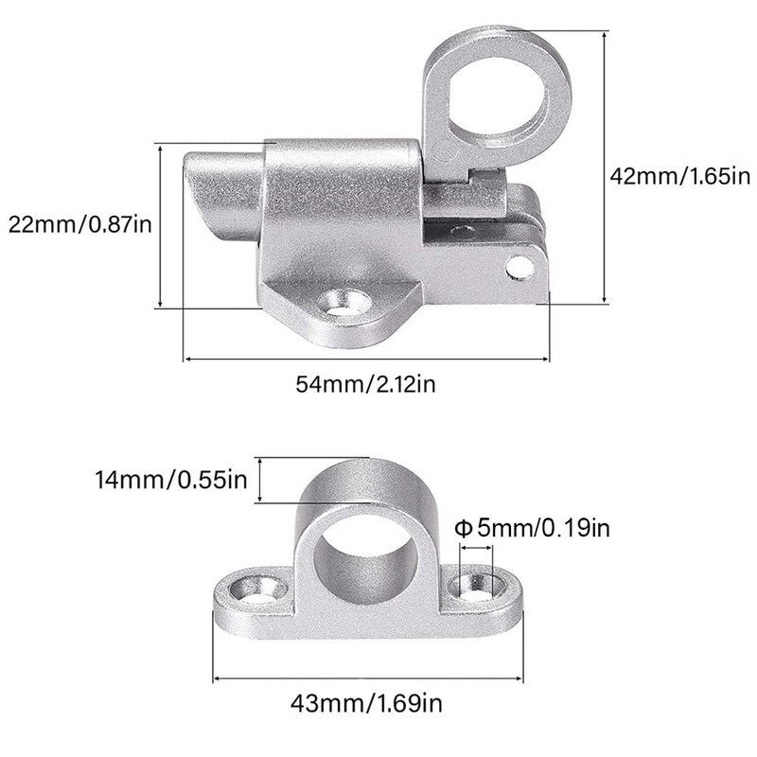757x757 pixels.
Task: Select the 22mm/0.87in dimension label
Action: point(79,225)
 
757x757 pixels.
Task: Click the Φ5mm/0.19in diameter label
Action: point(533,527)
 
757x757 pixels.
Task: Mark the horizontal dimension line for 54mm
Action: point(366,359)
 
